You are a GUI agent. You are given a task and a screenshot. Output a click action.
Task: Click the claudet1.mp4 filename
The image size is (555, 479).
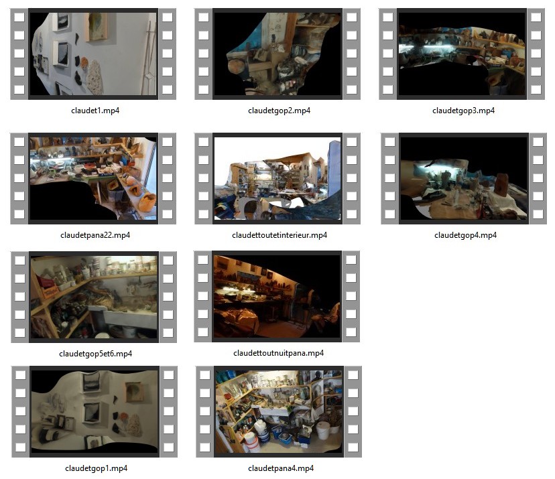pos(95,111)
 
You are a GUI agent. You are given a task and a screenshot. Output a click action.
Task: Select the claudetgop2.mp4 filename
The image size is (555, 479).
pos(279,111)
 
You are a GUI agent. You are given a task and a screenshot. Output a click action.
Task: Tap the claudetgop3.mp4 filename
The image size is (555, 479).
pos(463,111)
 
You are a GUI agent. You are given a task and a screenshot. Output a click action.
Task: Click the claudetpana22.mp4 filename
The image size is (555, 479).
pos(95,235)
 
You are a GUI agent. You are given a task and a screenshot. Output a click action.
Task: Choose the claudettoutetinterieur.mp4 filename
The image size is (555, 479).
pos(280,235)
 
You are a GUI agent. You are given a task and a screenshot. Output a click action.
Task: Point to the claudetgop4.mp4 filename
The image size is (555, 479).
pos(465,235)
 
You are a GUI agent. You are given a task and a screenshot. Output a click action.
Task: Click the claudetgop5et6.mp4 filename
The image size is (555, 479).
pos(95,354)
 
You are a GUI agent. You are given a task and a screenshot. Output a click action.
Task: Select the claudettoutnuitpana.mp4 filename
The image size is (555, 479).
pos(278,352)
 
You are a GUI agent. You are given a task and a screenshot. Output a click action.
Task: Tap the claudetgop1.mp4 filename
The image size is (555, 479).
pos(96,468)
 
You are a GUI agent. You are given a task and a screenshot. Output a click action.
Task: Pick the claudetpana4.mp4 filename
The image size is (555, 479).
pos(281,468)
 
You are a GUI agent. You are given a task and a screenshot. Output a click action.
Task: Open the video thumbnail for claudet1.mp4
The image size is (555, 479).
pos(93,54)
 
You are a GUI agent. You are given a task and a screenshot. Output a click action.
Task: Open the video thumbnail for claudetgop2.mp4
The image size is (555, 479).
pos(277,54)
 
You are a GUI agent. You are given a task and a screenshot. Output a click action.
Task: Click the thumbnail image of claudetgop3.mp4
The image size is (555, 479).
pos(462,54)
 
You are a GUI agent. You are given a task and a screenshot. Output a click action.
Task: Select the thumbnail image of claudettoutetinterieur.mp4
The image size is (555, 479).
pos(277,178)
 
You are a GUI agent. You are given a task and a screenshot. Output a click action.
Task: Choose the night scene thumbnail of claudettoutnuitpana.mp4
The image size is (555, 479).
pos(277,297)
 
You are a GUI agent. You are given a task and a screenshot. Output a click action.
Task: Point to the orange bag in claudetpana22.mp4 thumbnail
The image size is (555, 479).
pos(147,202)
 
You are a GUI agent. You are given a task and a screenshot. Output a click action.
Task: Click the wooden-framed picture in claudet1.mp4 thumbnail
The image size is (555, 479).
pos(96,27)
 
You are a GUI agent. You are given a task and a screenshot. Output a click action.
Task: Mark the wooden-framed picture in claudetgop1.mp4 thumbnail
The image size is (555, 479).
pos(134,391)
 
